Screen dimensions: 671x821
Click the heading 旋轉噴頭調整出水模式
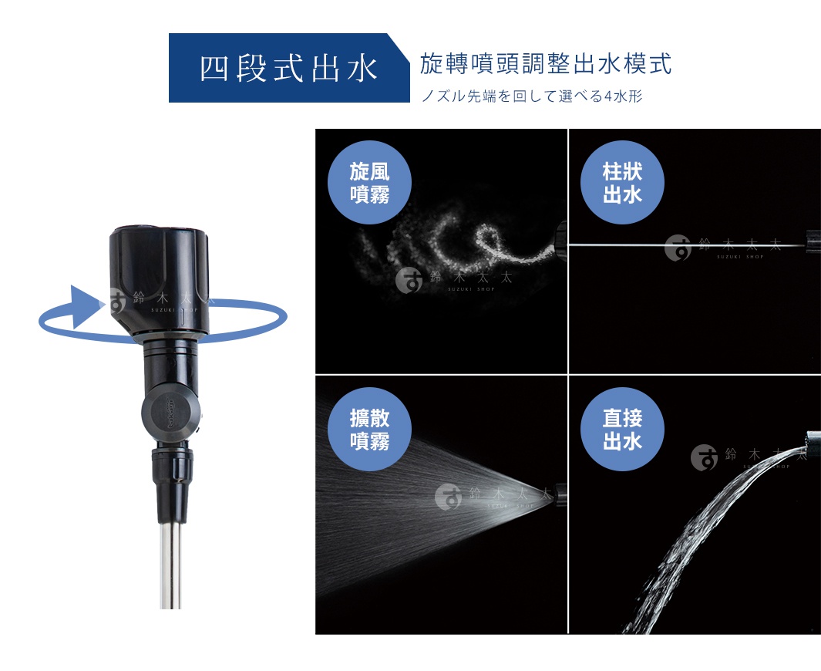pos(545,64)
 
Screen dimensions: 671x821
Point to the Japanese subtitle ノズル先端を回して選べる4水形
pos(531,96)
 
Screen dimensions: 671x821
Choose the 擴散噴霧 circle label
pos(369,430)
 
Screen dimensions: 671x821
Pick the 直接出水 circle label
pos(621,430)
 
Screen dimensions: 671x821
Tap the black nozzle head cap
pos(160,255)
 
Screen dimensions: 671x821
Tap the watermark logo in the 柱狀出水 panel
pos(678,247)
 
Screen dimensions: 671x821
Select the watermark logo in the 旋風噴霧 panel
pos(409,280)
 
